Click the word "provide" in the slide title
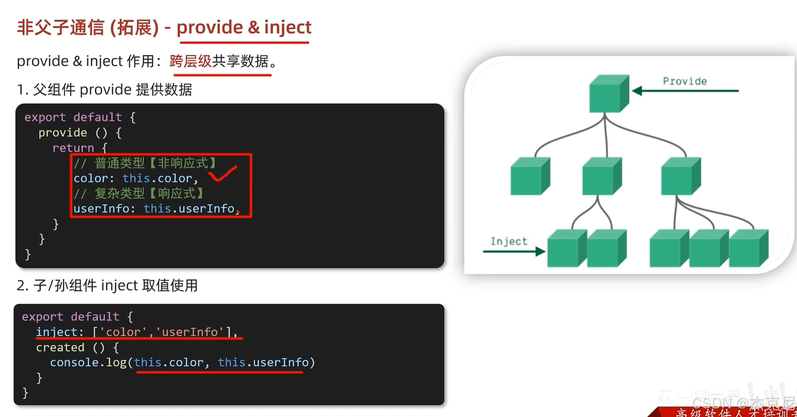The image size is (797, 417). (210, 27)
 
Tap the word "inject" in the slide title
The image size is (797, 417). (288, 27)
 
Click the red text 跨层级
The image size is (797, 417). (190, 61)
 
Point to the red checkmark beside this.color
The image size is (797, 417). (223, 174)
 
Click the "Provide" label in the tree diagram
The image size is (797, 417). (685, 81)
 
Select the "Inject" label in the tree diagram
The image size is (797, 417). (509, 241)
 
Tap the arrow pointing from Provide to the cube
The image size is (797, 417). (685, 91)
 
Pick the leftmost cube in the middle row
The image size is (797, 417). (530, 176)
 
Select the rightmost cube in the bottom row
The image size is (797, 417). (748, 248)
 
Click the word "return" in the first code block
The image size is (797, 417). (73, 148)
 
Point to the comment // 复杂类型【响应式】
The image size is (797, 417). (139, 193)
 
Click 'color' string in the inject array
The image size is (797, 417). (123, 332)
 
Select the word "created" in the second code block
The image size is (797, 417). (60, 347)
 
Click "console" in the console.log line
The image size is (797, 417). (74, 362)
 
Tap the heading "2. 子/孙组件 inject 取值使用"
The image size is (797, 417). (107, 285)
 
